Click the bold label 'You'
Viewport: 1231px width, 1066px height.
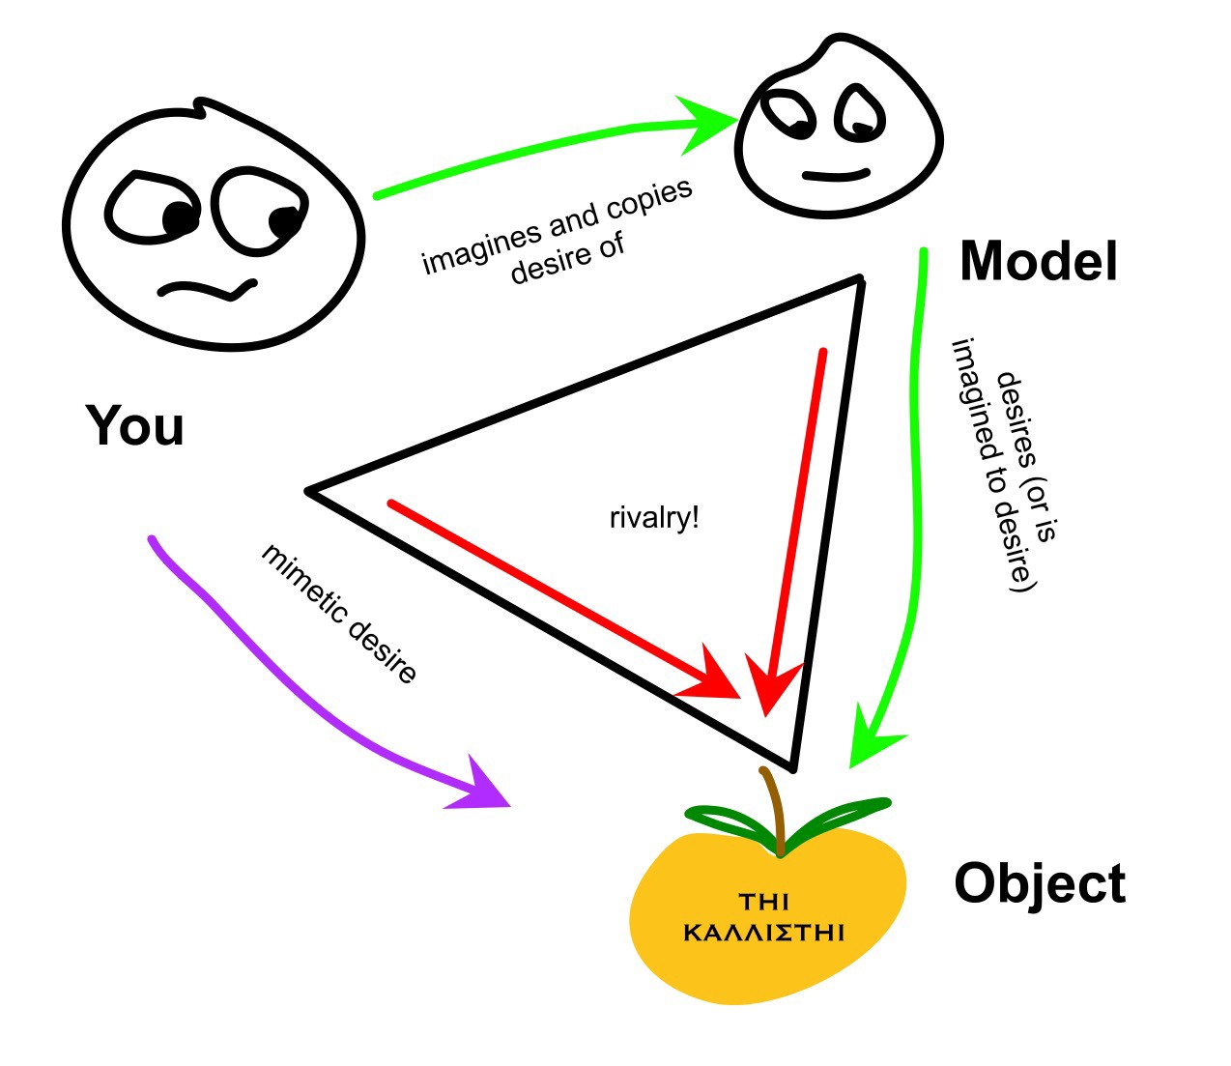(134, 426)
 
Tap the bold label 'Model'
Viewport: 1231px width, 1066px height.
(1038, 261)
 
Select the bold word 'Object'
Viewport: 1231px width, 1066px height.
(1040, 883)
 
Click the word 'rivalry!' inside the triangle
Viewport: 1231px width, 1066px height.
(654, 518)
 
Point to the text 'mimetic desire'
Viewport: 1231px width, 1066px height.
(339, 614)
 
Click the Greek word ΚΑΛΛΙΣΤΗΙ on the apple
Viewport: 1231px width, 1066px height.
(764, 934)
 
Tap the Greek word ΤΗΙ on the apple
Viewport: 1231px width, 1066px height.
(763, 903)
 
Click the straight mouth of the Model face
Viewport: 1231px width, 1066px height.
(836, 176)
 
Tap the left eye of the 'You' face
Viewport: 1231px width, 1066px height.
(155, 208)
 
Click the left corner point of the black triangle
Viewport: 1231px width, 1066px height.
(310, 491)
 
